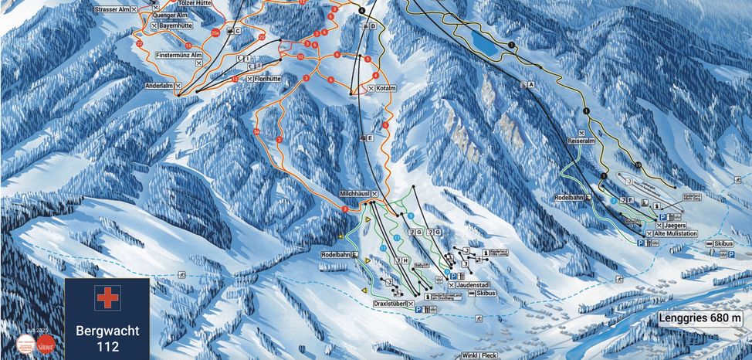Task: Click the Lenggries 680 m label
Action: click(700, 318)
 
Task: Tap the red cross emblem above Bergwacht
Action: click(108, 298)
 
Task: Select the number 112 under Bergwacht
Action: click(108, 346)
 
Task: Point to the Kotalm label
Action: click(386, 88)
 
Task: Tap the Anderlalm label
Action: click(158, 85)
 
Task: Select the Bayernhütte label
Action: click(174, 26)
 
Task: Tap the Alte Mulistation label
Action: click(676, 233)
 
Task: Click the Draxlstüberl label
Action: click(391, 302)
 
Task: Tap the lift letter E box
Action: click(371, 138)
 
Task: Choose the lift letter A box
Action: click(531, 85)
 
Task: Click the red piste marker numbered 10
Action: click(300, 56)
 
